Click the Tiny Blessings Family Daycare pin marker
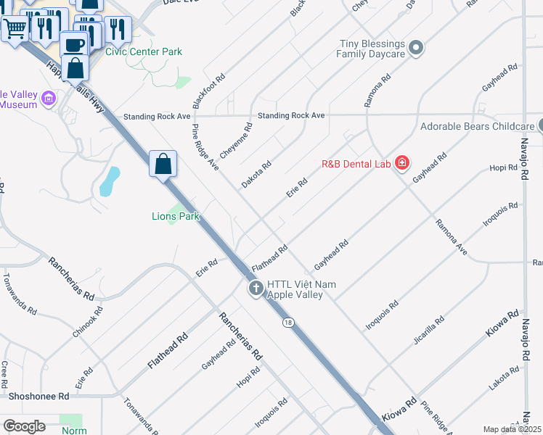(416, 49)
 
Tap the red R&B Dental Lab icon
(402, 164)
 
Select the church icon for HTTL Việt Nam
(256, 289)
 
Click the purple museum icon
(49, 99)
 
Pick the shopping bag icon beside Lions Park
(163, 164)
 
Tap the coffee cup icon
(74, 44)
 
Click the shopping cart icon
(15, 30)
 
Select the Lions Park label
(175, 216)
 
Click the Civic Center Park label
(144, 51)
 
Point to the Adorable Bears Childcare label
(477, 126)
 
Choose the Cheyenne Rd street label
(237, 141)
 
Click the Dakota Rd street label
(256, 174)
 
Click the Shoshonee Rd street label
(38, 397)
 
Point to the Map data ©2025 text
(512, 429)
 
